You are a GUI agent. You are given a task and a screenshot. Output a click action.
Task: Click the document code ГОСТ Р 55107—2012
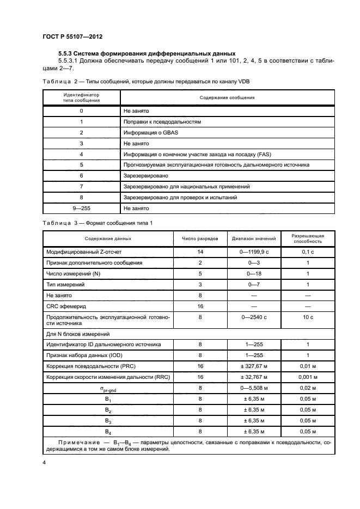coord(72,36)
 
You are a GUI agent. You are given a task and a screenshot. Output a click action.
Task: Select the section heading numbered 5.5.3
coord(147,53)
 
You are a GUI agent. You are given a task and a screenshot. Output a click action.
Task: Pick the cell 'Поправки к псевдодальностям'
coord(162,121)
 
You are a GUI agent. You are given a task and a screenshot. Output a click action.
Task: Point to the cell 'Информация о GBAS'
coord(148,132)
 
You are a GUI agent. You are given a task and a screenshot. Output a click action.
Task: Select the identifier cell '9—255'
coord(81,208)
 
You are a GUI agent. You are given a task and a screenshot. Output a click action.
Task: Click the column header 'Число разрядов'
coord(200,238)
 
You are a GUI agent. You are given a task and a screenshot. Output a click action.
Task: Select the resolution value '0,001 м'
coord(308,377)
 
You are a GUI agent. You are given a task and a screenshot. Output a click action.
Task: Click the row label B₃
coord(107,420)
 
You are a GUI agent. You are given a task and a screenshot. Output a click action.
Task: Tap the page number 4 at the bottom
coord(44,462)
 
